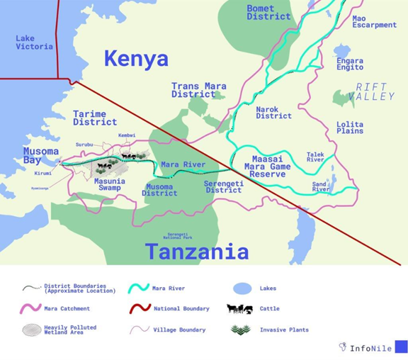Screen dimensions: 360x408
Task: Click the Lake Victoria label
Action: (x=34, y=43)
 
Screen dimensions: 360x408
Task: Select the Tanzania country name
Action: (x=196, y=252)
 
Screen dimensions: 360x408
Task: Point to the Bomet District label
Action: (x=268, y=12)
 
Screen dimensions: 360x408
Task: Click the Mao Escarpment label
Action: (x=374, y=21)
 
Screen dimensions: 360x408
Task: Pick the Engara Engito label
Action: (x=350, y=64)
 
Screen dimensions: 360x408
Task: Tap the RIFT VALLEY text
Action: (x=374, y=91)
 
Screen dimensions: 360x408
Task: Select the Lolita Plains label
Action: (x=350, y=128)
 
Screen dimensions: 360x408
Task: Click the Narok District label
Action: (x=273, y=113)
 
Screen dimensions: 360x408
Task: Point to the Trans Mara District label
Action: (x=198, y=90)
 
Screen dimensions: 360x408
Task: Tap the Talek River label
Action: (x=315, y=157)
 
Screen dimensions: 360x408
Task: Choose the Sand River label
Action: (x=321, y=187)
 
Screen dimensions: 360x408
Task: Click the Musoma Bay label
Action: (x=41, y=156)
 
